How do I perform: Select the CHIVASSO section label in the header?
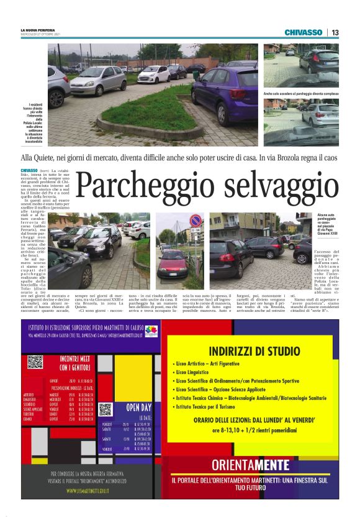click(x=304, y=32)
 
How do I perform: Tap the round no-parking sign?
click(x=195, y=220)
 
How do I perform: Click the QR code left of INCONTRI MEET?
click(x=35, y=362)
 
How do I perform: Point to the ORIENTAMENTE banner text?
click(x=250, y=465)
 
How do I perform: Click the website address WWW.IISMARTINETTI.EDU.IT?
click(x=88, y=491)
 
